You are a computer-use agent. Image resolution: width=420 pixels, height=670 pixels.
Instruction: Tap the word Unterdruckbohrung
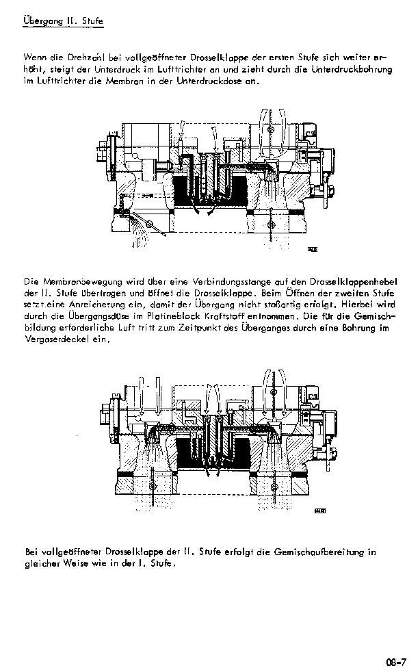pos(352,69)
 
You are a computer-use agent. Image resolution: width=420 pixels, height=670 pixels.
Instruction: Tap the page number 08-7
pos(396,662)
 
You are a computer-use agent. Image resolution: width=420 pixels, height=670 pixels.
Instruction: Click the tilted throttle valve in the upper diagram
pos(150,222)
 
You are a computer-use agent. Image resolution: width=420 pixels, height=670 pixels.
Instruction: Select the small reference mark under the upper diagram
pos(313,249)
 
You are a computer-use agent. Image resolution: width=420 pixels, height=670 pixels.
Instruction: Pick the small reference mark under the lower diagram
pos(320,511)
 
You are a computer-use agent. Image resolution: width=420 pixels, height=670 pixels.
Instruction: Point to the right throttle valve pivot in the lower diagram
pos(273,487)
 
